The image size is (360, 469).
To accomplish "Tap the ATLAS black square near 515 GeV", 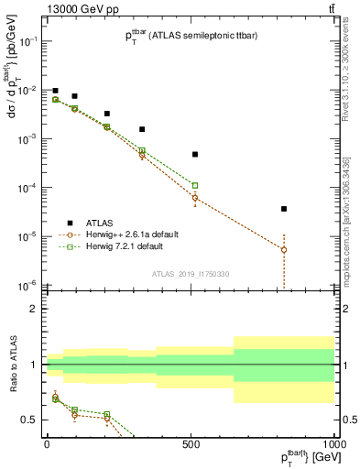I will tap(195, 154).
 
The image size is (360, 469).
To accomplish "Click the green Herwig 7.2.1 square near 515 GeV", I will tap(195, 185).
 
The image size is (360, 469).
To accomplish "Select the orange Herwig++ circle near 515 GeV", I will tap(195, 198).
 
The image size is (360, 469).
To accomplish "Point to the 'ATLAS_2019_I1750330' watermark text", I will tap(191, 274).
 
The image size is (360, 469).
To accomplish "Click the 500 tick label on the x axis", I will tap(191, 444).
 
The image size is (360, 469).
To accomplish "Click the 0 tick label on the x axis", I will tap(47, 444).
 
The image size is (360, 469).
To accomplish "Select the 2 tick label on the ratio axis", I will tap(32, 309).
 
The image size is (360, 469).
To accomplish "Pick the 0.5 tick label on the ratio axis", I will tap(28, 420).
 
